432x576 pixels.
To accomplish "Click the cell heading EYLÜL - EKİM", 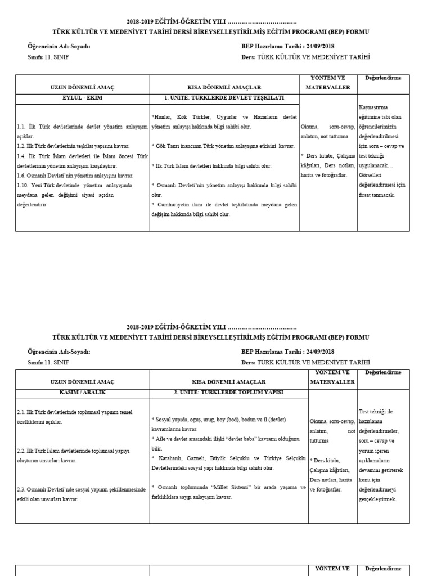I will (x=82, y=98).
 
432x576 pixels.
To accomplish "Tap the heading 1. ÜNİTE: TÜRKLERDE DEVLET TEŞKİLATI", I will (x=224, y=98).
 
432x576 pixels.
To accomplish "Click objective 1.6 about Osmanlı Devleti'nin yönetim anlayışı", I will (x=71, y=175).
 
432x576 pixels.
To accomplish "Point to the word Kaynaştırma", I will (x=372, y=107).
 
